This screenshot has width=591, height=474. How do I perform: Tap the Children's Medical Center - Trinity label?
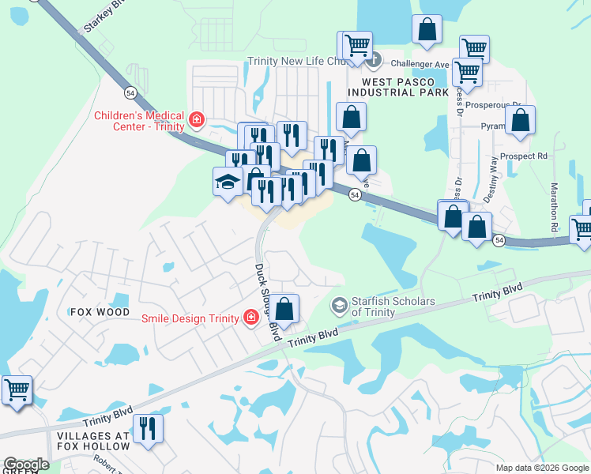(139, 121)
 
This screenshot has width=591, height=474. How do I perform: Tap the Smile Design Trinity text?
(190, 318)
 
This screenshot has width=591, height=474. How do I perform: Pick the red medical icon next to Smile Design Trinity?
(250, 318)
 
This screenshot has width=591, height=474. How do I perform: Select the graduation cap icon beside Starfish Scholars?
(339, 305)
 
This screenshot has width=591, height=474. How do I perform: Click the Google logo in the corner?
(25, 465)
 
